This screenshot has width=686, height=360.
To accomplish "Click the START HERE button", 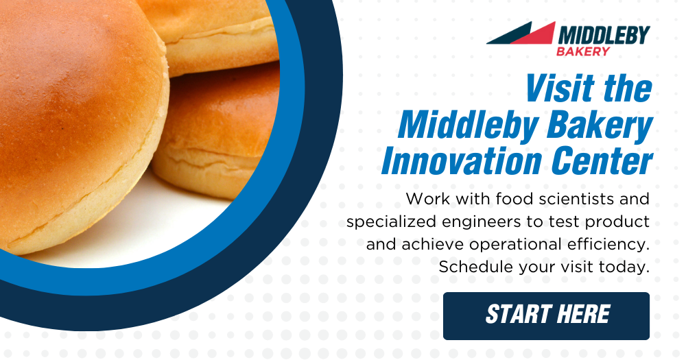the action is [x=546, y=316].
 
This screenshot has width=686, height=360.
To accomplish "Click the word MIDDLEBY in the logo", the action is [x=604, y=35].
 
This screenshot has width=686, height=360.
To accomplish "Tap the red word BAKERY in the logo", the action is [x=583, y=51].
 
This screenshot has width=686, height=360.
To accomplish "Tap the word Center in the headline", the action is [x=602, y=161].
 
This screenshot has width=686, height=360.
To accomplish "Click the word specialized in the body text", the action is [x=391, y=222].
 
